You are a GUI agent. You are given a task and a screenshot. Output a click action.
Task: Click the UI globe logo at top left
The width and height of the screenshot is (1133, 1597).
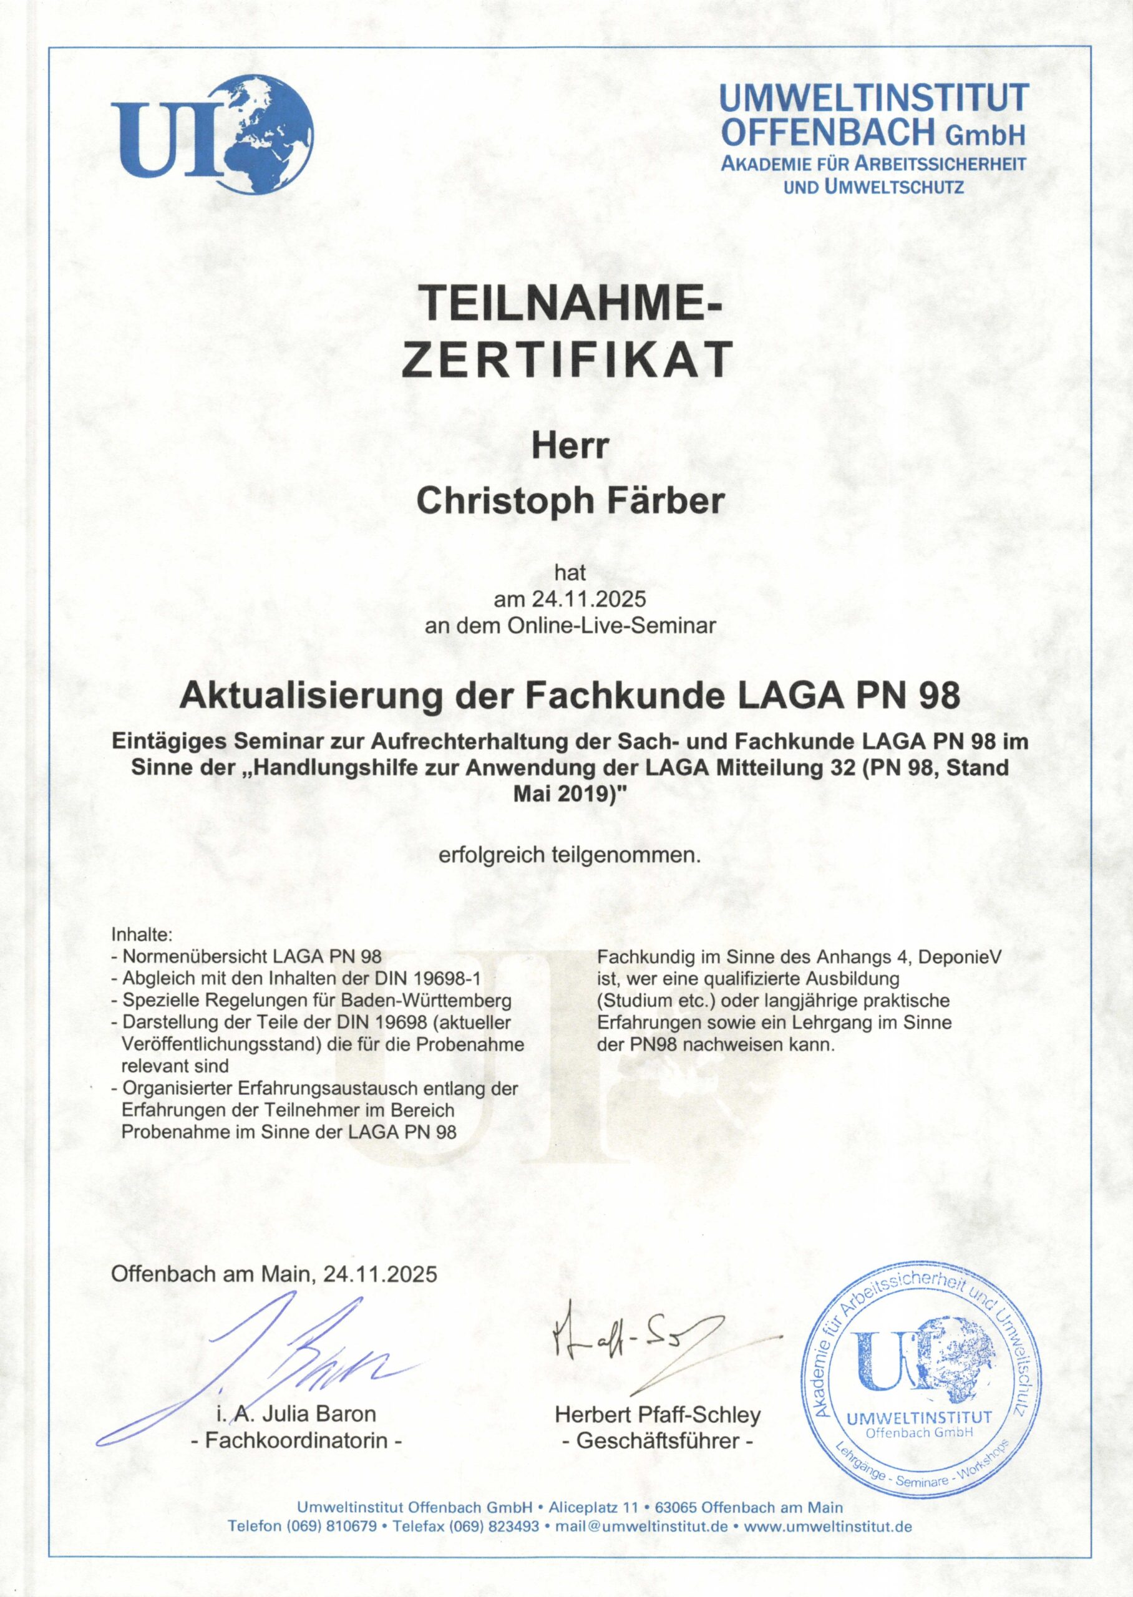click(213, 136)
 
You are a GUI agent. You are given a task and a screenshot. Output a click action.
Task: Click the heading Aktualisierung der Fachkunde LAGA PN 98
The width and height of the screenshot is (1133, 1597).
click(569, 696)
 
